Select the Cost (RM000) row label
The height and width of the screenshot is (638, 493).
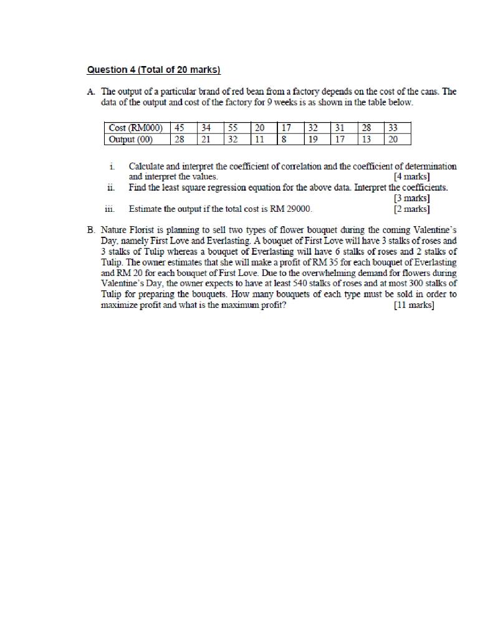tap(135, 128)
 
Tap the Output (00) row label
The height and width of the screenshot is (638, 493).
tap(130, 139)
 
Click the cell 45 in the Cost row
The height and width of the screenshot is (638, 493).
tap(180, 128)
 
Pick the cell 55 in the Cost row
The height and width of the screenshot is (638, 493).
tap(233, 128)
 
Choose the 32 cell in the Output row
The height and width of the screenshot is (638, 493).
tap(233, 139)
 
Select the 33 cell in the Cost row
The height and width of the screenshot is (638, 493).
tap(393, 128)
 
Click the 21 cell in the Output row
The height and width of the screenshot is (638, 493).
tap(206, 139)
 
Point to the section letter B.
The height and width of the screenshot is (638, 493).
tap(91, 230)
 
